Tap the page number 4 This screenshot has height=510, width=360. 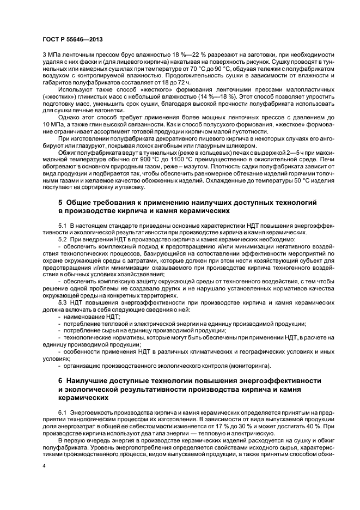coord(44,467)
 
